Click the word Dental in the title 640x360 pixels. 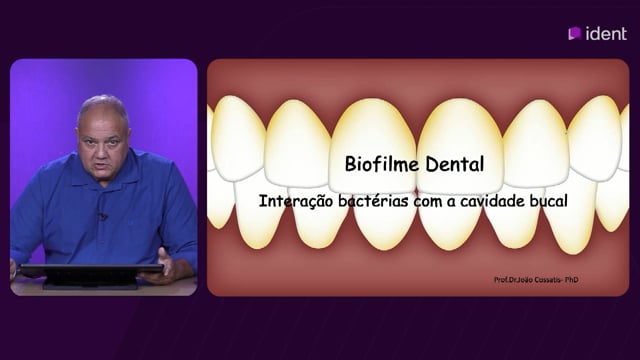[x=455, y=164]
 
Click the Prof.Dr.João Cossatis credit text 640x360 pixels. [x=527, y=280]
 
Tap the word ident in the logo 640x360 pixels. [x=606, y=33]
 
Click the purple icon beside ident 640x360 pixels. [x=575, y=33]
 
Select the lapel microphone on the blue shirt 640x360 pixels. [x=102, y=216]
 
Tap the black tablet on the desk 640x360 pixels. [x=91, y=274]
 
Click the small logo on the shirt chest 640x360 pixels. [x=130, y=223]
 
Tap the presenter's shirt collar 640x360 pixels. [x=104, y=183]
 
